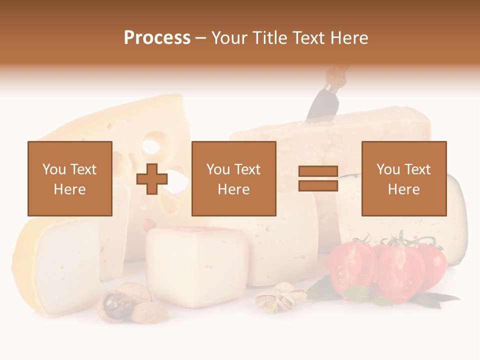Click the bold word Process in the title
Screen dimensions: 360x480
[x=157, y=38]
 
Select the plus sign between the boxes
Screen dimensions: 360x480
[x=152, y=178]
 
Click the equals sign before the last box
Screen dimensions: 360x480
[x=318, y=178]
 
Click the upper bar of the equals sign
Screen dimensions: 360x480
[x=318, y=171]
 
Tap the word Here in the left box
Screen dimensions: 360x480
[x=69, y=189]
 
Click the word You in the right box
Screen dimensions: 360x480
[x=388, y=169]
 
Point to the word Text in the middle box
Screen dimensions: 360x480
[x=248, y=169]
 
